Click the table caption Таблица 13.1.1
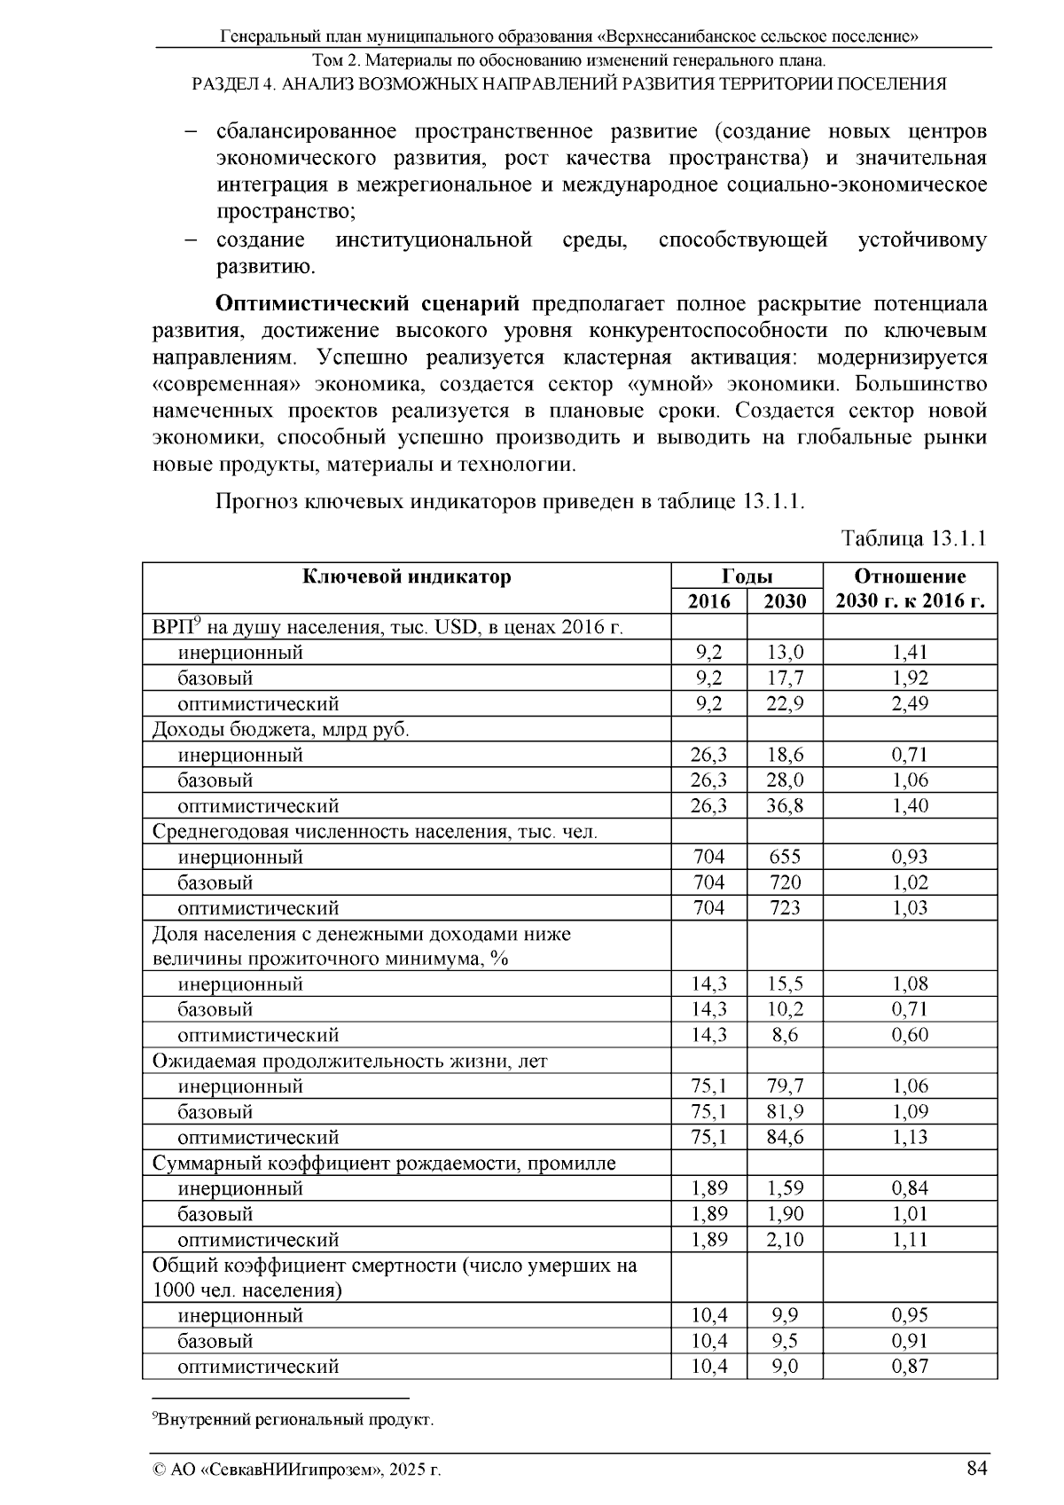(913, 539)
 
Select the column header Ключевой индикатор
(407, 577)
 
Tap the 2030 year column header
(785, 602)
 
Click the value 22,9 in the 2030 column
(785, 704)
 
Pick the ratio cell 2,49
(910, 704)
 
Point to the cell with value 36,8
(785, 806)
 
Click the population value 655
(785, 857)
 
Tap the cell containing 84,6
(785, 1138)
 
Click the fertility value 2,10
(785, 1240)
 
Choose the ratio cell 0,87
(910, 1367)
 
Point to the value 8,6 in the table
(785, 1036)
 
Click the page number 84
(976, 1469)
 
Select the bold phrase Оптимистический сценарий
(368, 304)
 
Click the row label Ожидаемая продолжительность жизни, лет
(349, 1062)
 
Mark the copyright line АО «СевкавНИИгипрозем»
(297, 1470)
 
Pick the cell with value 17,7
(785, 678)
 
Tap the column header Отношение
(910, 576)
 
